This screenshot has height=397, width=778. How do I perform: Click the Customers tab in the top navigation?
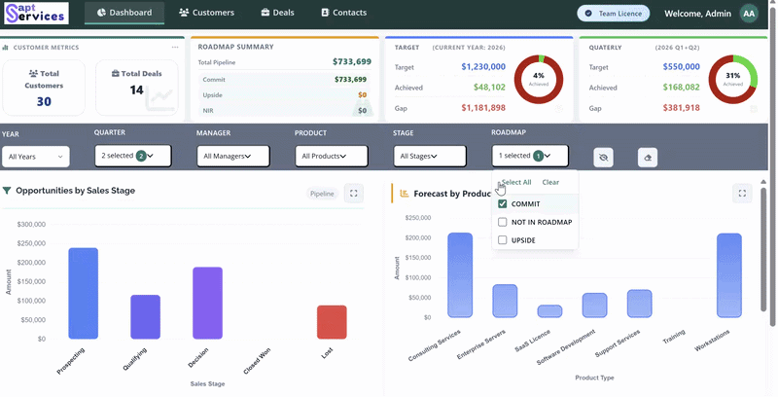(x=206, y=13)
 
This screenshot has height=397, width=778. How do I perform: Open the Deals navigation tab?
(x=278, y=13)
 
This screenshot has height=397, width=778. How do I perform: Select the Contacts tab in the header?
(x=344, y=13)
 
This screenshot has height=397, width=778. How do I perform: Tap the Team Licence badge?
(x=614, y=14)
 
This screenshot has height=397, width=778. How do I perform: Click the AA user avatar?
(x=749, y=14)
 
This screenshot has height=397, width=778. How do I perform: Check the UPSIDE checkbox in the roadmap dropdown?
(x=502, y=240)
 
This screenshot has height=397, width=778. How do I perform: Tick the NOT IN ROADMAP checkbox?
(x=502, y=222)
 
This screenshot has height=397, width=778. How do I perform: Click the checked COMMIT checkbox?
(x=502, y=204)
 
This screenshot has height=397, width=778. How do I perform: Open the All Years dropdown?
(x=36, y=157)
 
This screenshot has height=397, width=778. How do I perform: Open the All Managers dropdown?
(x=233, y=156)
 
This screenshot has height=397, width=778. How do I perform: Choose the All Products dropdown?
(x=332, y=156)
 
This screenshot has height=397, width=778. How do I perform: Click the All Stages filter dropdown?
(x=430, y=156)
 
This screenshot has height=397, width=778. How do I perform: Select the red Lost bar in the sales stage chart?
(x=332, y=322)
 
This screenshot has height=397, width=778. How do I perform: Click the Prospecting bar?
(x=84, y=293)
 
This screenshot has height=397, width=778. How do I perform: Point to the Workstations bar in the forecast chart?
(x=728, y=275)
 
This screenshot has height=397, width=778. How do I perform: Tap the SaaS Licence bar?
(x=549, y=311)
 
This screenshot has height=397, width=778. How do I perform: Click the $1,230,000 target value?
(x=483, y=67)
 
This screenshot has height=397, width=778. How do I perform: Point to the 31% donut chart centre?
(x=733, y=80)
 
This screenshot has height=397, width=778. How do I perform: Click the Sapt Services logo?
(x=36, y=14)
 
